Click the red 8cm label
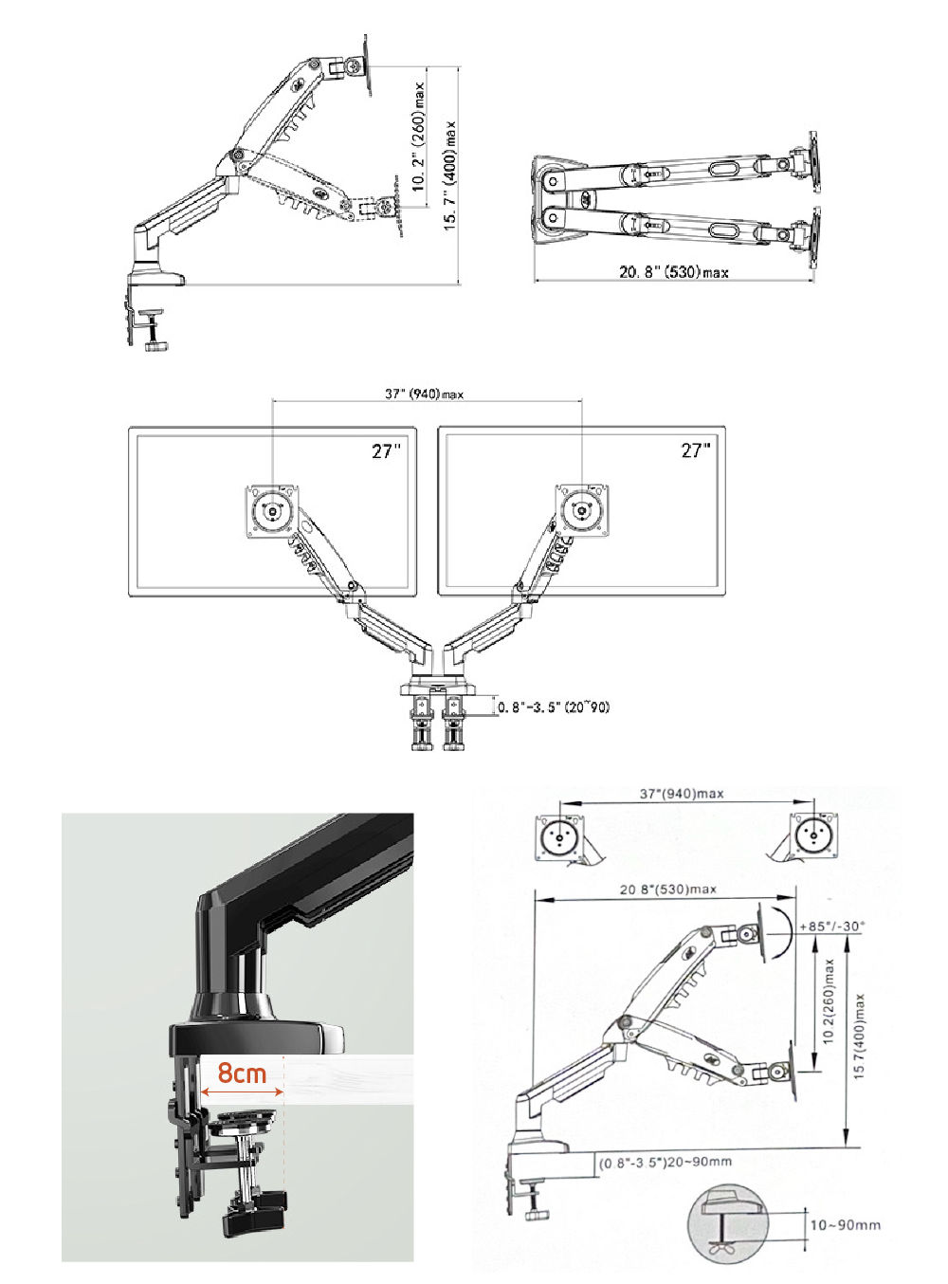(x=242, y=1073)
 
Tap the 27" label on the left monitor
(x=386, y=451)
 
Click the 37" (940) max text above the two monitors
(x=424, y=394)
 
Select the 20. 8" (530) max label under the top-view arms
(x=674, y=271)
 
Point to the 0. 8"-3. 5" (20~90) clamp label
(x=554, y=706)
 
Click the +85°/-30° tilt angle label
(x=831, y=926)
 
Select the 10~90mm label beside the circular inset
(x=846, y=1225)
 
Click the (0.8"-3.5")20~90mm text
(x=665, y=1162)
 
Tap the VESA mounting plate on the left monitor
(x=273, y=511)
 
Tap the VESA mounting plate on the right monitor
(x=581, y=510)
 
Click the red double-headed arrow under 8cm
(x=242, y=1091)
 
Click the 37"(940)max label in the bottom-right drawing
(x=682, y=793)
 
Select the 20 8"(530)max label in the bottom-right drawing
(x=668, y=890)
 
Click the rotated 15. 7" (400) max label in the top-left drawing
(x=450, y=175)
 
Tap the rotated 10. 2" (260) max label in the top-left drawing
(x=418, y=136)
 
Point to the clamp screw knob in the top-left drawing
(x=155, y=346)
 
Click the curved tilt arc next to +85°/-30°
(x=782, y=933)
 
